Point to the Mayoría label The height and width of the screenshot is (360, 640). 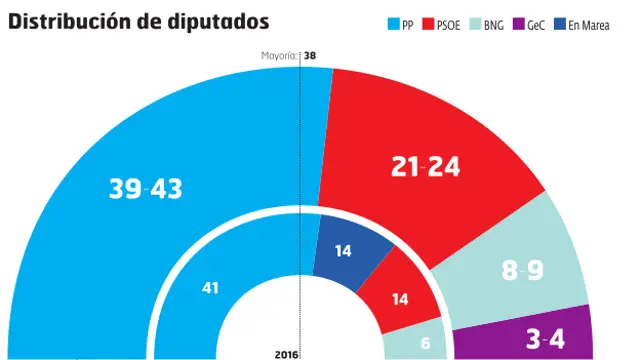coord(277,57)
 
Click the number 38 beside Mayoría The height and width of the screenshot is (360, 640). coord(311,57)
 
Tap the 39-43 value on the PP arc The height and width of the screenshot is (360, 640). coord(145,188)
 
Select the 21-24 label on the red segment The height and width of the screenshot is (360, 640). coord(426,167)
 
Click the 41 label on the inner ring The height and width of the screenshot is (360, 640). coord(211,288)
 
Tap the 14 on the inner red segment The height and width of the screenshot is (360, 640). coord(399,297)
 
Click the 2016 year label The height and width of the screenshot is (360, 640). coord(287,353)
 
